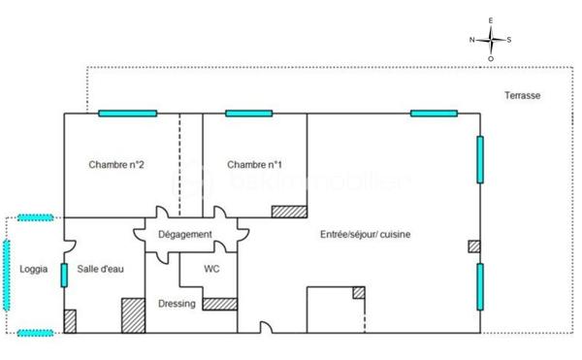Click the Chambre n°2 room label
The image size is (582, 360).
(116, 164)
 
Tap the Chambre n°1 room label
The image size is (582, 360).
(254, 164)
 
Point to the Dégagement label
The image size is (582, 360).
(186, 235)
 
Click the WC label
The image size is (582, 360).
(211, 269)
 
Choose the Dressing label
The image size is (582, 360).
(177, 304)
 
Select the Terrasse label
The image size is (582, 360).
(522, 95)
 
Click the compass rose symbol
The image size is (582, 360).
(492, 39)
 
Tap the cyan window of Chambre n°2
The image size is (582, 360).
(126, 114)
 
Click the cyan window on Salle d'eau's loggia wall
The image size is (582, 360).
(64, 275)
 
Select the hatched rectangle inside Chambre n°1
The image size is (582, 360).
(289, 212)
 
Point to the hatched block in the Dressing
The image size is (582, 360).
(220, 303)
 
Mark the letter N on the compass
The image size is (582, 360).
(472, 40)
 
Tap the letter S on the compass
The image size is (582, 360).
(510, 40)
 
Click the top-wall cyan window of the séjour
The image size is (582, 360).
(434, 114)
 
